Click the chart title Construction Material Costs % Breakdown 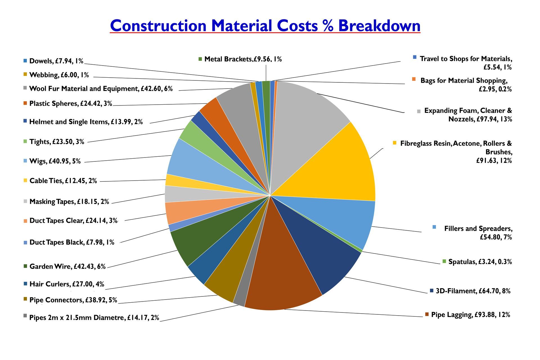265,26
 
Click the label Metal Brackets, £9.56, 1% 243,59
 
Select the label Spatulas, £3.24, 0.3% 480,262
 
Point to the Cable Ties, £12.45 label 63,181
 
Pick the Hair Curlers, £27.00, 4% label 67,284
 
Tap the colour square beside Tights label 26,141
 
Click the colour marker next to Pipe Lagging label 427,314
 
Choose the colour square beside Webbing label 26,74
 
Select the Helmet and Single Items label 86,122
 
